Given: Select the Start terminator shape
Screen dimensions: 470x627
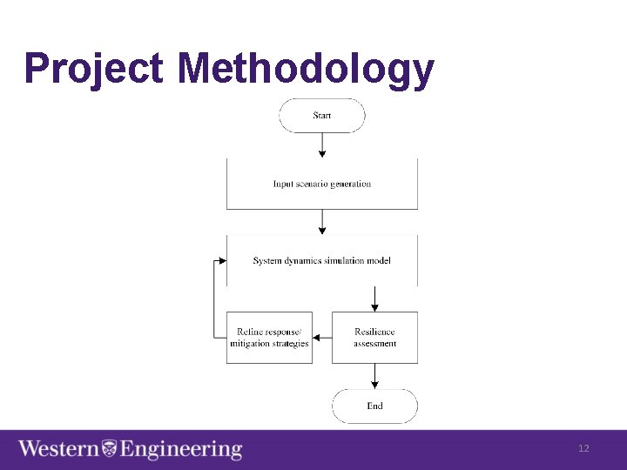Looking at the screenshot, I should coord(322,115).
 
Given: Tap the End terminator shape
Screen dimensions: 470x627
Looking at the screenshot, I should coord(374,406).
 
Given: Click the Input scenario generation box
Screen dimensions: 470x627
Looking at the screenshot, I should coord(322,184).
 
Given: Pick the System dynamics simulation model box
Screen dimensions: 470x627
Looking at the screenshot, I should coord(322,260).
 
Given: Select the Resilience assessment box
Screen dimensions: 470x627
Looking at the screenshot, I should coord(374,337).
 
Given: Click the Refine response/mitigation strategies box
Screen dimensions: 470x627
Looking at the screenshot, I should coord(269,337).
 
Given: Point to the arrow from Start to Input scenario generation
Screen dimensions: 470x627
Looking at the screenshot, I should coord(322,144).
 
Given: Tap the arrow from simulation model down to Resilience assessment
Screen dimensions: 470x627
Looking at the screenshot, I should coord(374,299).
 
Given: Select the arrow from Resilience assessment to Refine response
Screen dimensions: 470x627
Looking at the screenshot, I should coord(321,338).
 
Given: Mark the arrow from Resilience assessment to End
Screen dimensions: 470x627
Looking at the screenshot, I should coord(374,375).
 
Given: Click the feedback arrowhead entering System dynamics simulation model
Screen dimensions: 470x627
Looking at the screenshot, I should coord(222,260).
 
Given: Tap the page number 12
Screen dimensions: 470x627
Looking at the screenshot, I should coord(583,448).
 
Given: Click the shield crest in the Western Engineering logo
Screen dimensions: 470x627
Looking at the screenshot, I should coord(109,449).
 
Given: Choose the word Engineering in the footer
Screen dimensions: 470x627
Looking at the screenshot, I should coord(180,449).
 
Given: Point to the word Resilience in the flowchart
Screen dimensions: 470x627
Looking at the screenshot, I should coord(374,332).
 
